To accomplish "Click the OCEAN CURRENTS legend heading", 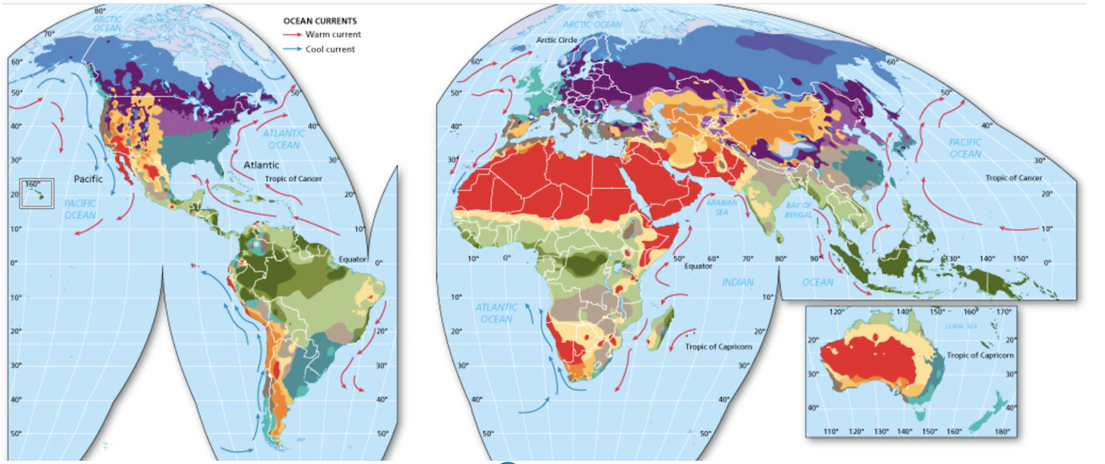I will tap(319, 21).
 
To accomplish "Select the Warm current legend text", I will tap(332, 35).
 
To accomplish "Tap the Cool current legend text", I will tap(330, 49).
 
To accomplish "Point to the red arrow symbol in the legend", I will tap(293, 35).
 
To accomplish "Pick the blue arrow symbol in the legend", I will tap(293, 49).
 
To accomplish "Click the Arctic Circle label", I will tap(556, 40).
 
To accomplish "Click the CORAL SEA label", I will tap(960, 326).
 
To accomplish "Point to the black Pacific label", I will tap(88, 178).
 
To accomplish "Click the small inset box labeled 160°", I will tap(37, 192).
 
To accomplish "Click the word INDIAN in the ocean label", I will tap(737, 283).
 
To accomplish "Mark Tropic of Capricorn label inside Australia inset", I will tap(980, 356).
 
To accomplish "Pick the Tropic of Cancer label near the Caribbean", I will tap(293, 179).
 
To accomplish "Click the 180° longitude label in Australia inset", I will tap(1002, 432).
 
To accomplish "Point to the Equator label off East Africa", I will tap(698, 266).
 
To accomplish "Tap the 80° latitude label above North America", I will tap(100, 11).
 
